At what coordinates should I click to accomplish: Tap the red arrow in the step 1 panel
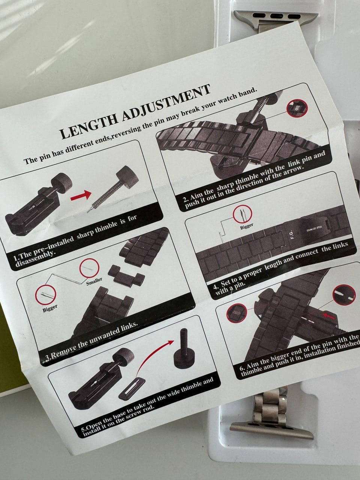click(81, 195)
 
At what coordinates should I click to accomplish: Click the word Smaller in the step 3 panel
click(94, 280)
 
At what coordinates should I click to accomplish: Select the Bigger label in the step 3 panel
click(50, 309)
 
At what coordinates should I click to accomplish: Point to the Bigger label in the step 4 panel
click(246, 226)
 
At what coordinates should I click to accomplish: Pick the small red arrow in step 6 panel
click(329, 316)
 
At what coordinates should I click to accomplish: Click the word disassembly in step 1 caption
click(35, 260)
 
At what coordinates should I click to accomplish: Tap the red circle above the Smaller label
click(89, 268)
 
